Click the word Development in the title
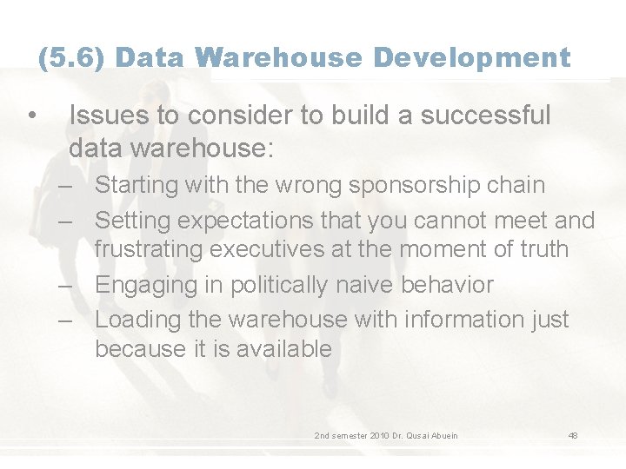click(x=473, y=58)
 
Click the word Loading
click(x=133, y=319)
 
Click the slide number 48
click(x=573, y=435)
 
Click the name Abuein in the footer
click(x=441, y=435)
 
